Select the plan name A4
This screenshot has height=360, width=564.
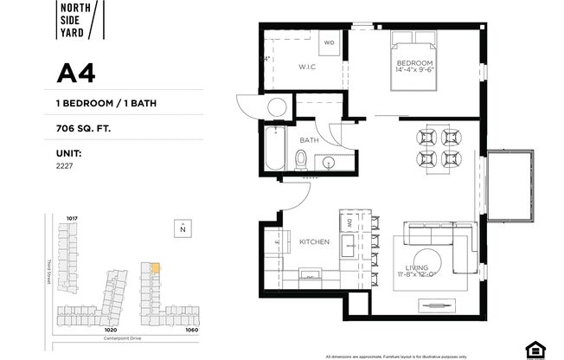(x=76, y=74)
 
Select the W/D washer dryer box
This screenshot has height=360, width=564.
(x=330, y=42)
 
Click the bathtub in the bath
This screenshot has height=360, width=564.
(x=275, y=149)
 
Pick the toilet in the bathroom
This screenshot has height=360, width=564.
(x=302, y=158)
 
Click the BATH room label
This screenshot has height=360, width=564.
(x=309, y=139)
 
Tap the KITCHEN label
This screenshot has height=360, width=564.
(x=312, y=242)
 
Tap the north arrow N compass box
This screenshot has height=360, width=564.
(x=183, y=228)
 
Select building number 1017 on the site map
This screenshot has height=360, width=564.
(x=72, y=217)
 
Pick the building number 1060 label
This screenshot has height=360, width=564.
(x=191, y=330)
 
